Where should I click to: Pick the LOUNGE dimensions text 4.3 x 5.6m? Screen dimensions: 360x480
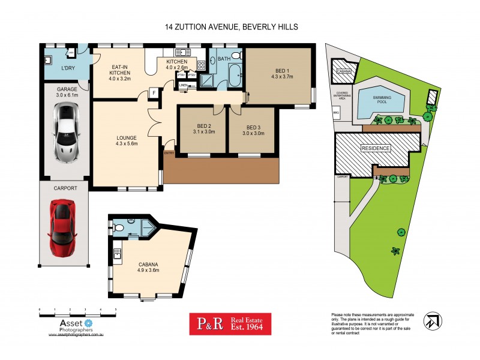click(x=127, y=144)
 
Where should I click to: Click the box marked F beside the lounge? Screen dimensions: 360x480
click(x=154, y=93)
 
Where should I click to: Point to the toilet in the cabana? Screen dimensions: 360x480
click(x=119, y=227)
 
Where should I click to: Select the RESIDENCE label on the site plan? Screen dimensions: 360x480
click(x=376, y=148)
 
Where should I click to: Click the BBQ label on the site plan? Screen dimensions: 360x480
click(x=335, y=112)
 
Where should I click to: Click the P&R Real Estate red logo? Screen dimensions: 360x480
click(x=230, y=324)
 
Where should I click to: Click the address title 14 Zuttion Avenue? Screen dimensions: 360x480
click(x=232, y=27)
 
